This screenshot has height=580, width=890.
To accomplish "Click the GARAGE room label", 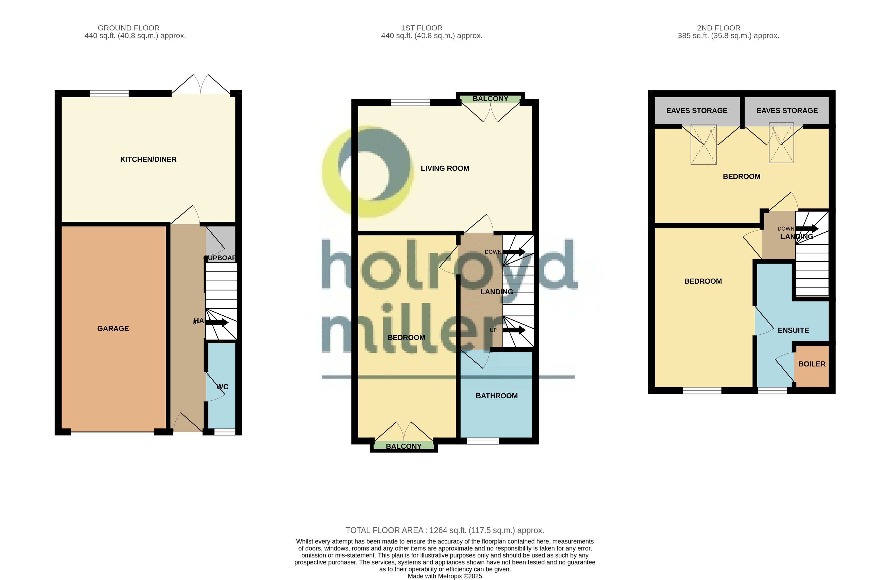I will pyautogui.click(x=113, y=329).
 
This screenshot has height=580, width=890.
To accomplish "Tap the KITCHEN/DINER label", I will pyautogui.click(x=148, y=159).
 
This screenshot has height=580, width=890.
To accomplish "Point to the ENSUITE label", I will pyautogui.click(x=793, y=330).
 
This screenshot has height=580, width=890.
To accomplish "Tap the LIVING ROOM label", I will pyautogui.click(x=445, y=168).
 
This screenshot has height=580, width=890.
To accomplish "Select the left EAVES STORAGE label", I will pyautogui.click(x=696, y=111).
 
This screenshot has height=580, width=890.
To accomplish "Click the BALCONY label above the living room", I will pyautogui.click(x=490, y=99).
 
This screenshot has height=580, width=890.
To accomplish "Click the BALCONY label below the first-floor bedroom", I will pyautogui.click(x=404, y=446).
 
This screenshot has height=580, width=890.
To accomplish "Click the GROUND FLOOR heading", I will pyautogui.click(x=129, y=28).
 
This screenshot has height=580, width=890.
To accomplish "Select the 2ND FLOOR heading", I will pyautogui.click(x=718, y=28).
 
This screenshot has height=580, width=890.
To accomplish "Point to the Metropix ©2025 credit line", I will pyautogui.click(x=445, y=576).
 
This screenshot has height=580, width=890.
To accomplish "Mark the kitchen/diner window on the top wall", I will pyautogui.click(x=109, y=93).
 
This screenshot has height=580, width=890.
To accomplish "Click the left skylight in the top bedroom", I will pyautogui.click(x=703, y=144).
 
